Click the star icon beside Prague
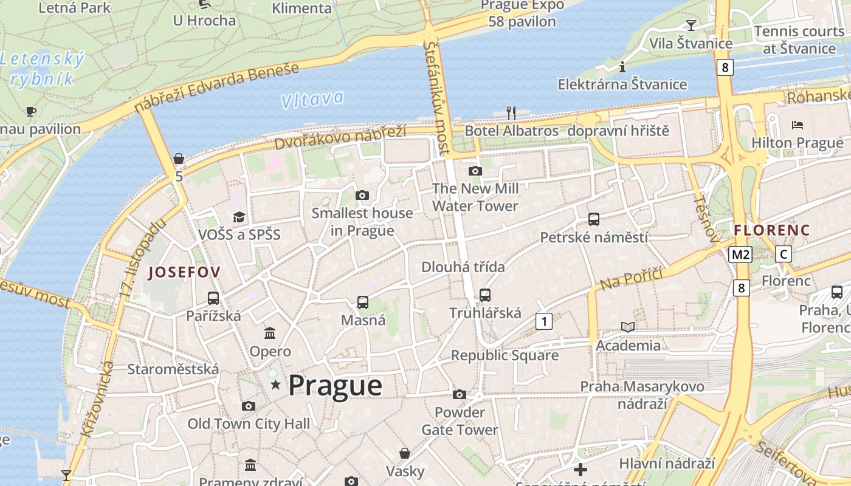coord(276,385)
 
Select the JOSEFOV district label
coord(184,272)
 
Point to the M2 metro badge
coord(740,255)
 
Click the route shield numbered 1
coord(544,321)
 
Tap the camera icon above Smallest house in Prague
coord(362,195)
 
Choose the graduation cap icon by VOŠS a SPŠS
coord(239,217)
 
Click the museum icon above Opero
coord(270,333)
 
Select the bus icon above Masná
coord(363,302)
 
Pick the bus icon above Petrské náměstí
coord(594,219)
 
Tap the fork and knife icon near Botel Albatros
coord(511,112)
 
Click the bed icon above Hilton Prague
coord(798,125)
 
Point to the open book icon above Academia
coord(628,327)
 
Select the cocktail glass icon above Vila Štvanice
coord(691,25)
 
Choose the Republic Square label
coord(505,355)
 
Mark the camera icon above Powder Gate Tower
coord(460,395)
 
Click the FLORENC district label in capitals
coord(772,230)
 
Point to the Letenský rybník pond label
coord(41,69)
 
